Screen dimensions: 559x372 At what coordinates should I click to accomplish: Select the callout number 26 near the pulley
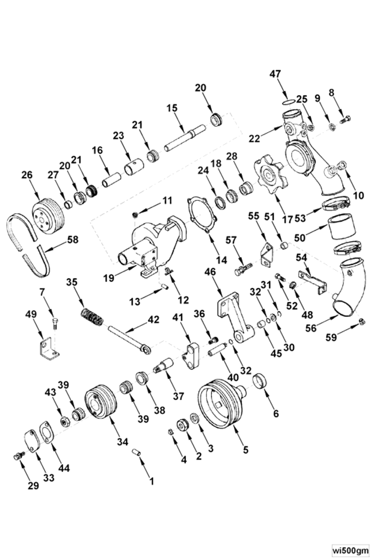26,174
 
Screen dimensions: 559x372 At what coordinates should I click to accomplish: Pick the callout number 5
245,449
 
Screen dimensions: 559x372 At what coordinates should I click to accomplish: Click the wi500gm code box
350,549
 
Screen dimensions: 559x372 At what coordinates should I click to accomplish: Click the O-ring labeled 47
288,101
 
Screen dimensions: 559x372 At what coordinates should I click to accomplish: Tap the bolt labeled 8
346,119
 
